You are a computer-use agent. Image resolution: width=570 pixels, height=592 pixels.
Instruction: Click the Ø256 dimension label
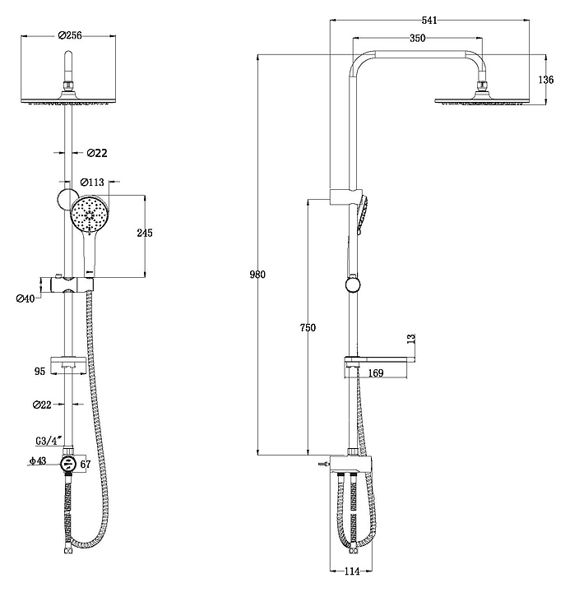tap(70, 35)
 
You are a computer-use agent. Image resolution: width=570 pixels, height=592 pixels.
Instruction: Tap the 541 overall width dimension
tap(429, 20)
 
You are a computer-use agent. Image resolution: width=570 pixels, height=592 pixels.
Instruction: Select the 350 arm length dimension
tap(417, 38)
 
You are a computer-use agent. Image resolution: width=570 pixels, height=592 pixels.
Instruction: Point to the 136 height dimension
tap(546, 80)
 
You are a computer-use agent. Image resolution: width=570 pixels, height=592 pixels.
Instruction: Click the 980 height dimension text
tap(257, 275)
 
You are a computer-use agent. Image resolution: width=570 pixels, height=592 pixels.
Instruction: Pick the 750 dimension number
tap(308, 328)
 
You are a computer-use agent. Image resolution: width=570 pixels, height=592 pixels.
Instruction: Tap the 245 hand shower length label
tap(145, 233)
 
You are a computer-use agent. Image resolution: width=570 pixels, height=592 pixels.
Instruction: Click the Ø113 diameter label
tap(92, 183)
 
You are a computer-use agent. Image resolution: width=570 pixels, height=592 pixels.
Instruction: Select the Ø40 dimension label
tap(25, 298)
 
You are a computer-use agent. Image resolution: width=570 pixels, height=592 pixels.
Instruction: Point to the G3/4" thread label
tap(49, 441)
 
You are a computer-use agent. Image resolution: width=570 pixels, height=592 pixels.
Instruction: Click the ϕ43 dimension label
tap(37, 460)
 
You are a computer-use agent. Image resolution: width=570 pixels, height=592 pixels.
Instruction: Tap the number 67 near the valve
tap(86, 464)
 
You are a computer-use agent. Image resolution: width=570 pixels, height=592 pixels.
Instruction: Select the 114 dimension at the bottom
tap(352, 571)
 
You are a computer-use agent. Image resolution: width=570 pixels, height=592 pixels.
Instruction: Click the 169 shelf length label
tap(375, 373)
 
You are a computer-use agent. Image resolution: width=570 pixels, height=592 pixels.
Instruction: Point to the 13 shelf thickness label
tap(411, 338)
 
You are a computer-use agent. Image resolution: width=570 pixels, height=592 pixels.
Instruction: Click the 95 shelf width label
tap(39, 371)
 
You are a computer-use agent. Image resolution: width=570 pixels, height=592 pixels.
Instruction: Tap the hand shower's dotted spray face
tap(90, 215)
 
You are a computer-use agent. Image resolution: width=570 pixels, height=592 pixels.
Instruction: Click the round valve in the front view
tap(68, 463)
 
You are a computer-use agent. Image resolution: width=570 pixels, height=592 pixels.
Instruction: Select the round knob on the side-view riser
tap(352, 285)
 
